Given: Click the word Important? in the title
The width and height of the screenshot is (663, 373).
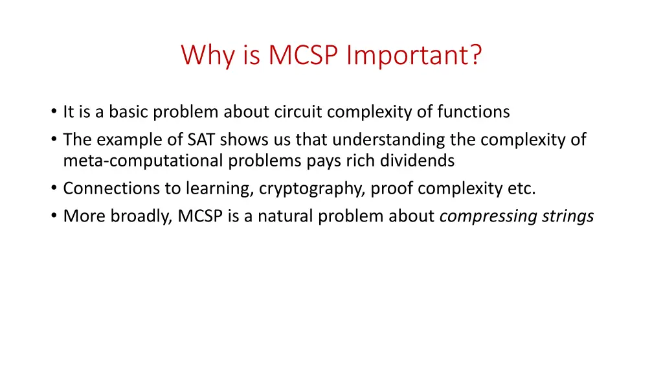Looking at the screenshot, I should (414, 55).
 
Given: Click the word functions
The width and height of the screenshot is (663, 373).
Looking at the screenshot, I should (473, 112).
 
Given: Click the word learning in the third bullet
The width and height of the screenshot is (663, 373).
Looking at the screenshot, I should (220, 188).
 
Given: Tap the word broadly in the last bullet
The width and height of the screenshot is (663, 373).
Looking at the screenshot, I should (141, 216).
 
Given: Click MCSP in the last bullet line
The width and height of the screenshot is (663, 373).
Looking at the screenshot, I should (200, 216).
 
